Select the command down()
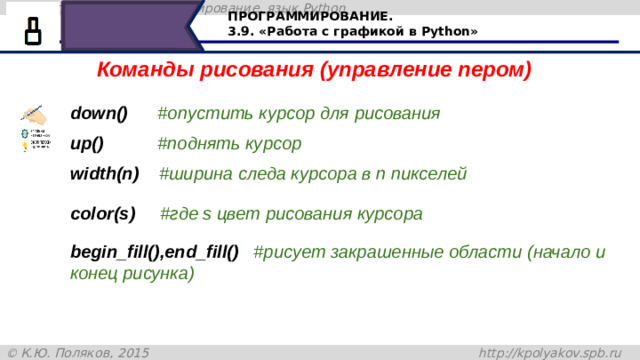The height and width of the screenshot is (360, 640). click(x=98, y=113)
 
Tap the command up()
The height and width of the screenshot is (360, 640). click(x=87, y=144)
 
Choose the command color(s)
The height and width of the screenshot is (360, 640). click(x=103, y=214)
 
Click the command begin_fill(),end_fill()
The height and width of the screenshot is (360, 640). click(x=154, y=253)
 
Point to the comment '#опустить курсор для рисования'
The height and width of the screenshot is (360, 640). click(x=298, y=113)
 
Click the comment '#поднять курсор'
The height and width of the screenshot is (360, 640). click(x=229, y=144)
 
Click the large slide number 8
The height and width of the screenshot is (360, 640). click(x=33, y=31)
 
